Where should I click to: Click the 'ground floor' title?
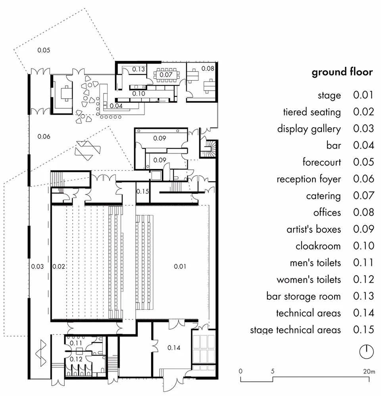point(342,72)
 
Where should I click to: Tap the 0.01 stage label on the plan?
point(180,266)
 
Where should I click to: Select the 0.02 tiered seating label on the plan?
point(59,266)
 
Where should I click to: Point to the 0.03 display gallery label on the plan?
point(37,266)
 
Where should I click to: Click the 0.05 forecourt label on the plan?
point(44,50)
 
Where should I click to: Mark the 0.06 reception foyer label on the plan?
point(44,137)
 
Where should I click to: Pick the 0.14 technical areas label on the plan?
point(174,348)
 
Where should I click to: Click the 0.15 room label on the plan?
point(142,192)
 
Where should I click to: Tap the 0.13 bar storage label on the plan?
point(139,69)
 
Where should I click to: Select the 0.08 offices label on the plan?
point(208,68)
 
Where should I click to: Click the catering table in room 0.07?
point(166,74)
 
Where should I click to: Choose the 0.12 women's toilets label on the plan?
point(76,359)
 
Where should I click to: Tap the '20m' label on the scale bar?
point(368,371)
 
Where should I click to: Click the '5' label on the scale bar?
point(273,371)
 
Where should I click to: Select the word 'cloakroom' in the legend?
point(318,246)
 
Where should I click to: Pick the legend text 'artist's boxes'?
point(314,229)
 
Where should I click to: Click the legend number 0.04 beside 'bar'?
point(364,146)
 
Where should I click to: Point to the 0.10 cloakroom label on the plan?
point(139,94)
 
